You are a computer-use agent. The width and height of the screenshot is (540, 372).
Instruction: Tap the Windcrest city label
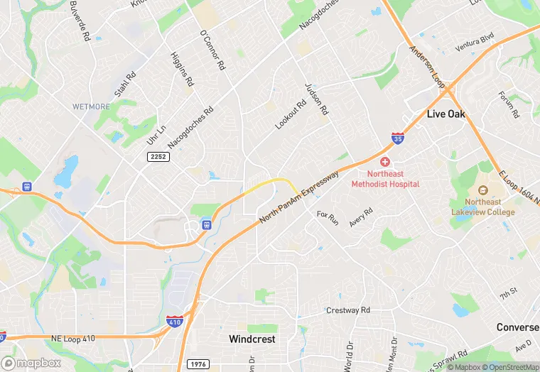click(x=252, y=339)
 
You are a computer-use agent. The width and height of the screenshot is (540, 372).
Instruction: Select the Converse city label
click(x=517, y=327)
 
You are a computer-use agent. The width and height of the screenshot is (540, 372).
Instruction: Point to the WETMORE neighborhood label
click(x=92, y=106)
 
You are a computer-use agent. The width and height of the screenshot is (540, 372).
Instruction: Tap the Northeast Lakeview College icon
click(x=482, y=190)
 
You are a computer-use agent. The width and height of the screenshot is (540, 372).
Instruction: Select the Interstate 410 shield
click(x=174, y=322)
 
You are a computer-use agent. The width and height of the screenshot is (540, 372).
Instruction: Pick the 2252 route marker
click(x=158, y=156)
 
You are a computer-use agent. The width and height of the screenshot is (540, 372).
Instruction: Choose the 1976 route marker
click(x=199, y=364)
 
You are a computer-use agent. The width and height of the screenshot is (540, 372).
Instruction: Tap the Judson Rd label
click(x=317, y=99)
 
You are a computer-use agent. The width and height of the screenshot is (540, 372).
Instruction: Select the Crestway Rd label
click(x=348, y=310)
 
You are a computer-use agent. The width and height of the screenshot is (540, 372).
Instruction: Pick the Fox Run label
click(x=328, y=217)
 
